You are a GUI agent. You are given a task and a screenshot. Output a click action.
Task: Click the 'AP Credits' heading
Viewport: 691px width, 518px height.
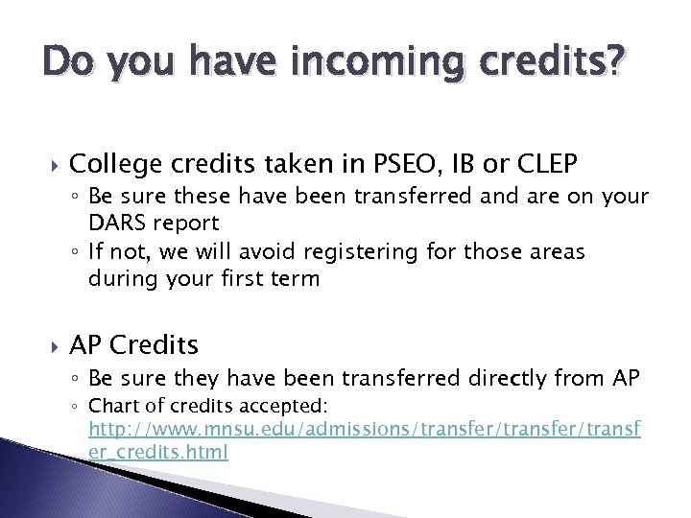click(134, 343)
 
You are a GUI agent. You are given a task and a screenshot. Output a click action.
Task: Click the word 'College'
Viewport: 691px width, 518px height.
click(108, 164)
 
